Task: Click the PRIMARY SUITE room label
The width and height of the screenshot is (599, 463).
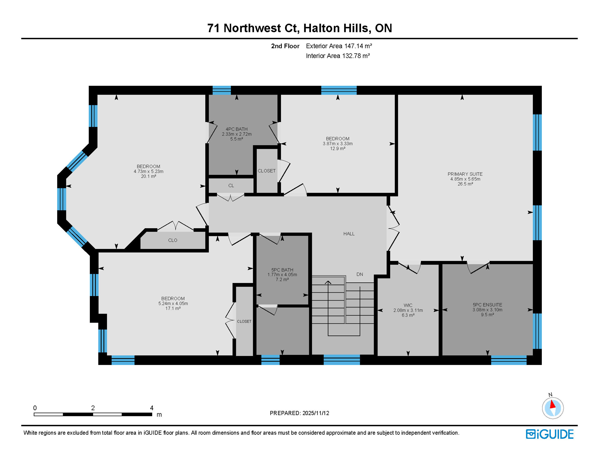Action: coord(465,174)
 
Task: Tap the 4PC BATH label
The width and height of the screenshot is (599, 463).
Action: coord(237,129)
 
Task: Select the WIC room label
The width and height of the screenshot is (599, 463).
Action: coord(408,305)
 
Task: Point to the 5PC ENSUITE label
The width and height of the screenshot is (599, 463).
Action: coord(487,305)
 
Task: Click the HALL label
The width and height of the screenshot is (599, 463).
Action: coord(349,234)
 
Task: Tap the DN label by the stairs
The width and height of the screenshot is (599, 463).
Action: coord(359,274)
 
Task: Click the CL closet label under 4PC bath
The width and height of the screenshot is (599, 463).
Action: coord(231,186)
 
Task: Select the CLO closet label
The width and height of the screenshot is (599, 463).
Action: coord(173,240)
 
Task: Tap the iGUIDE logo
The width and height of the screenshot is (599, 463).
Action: coord(550,434)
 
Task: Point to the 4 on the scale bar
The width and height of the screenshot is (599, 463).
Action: coord(152,408)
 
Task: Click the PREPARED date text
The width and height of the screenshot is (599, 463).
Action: coord(299,413)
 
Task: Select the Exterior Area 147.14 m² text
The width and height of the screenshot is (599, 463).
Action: coord(339,46)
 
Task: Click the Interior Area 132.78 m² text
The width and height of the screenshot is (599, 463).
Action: coord(337,56)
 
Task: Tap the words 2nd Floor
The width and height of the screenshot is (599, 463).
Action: coord(285,46)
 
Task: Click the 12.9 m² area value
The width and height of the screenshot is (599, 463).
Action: coord(337,149)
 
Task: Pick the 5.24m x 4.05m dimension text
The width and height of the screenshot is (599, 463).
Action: coord(173,304)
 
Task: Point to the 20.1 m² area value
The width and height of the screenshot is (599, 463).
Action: coord(148,176)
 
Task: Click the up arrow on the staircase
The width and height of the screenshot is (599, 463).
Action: coord(328,283)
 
